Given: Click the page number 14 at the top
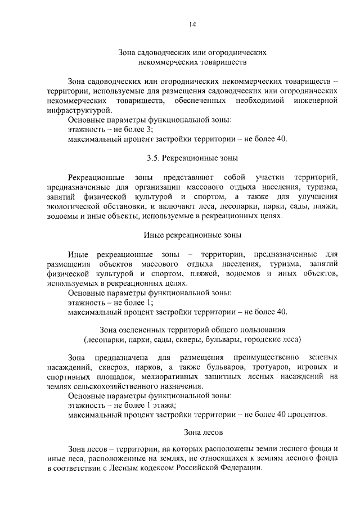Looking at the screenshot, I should pos(192,24).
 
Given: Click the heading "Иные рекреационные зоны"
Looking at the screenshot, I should pos(192,235).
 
